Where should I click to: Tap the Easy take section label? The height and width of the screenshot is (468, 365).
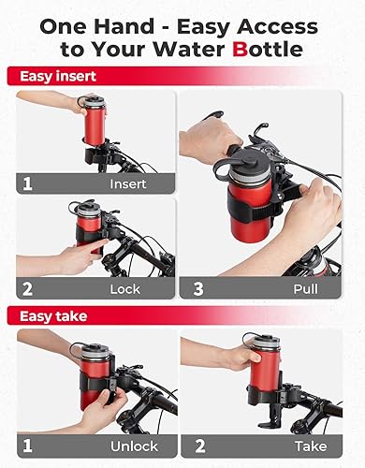pyautogui.click(x=44, y=315)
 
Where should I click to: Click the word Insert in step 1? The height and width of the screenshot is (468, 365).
pyautogui.click(x=128, y=184)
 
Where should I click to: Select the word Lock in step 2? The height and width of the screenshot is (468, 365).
pyautogui.click(x=125, y=290)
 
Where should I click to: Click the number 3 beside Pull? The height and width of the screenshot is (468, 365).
pyautogui.click(x=198, y=289)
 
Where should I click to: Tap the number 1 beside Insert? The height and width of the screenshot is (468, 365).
pyautogui.click(x=29, y=184)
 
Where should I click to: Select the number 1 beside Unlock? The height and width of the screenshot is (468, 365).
pyautogui.click(x=29, y=446)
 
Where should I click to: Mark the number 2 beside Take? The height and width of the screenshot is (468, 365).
pyautogui.click(x=198, y=446)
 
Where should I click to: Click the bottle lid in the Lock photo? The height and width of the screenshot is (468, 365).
pyautogui.click(x=89, y=208)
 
